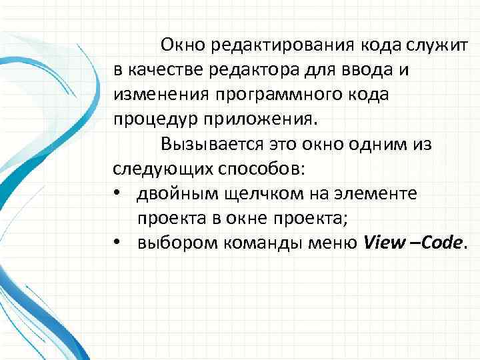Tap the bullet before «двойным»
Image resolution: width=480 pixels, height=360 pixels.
coord(117,193)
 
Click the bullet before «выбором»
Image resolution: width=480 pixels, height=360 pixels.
coord(117,243)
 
